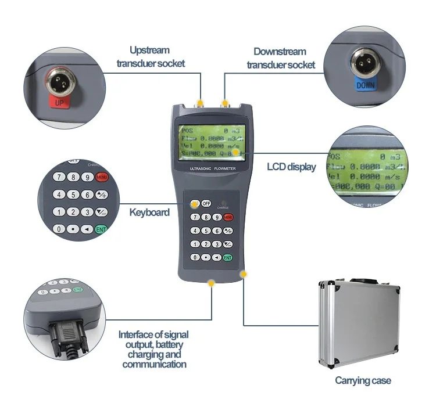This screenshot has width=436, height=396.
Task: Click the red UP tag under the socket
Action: tap(59, 103)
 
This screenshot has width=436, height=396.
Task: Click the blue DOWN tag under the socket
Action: tap(365, 85)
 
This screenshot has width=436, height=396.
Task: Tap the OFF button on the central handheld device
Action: tap(206, 203)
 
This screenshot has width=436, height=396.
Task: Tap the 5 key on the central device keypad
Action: tap(206, 231)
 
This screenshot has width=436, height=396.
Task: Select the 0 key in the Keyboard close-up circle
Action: tap(59, 229)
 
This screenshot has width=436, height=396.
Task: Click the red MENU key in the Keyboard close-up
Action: tap(102, 177)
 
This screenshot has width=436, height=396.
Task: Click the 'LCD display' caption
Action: tap(291, 167)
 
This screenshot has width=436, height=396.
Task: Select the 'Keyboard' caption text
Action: tap(149, 212)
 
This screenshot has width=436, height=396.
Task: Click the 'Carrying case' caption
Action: tap(363, 381)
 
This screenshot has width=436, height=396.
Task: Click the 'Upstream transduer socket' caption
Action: tap(151, 57)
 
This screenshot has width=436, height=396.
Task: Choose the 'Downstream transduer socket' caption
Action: tap(280, 58)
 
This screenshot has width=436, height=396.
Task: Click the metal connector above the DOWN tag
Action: tap(365, 60)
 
